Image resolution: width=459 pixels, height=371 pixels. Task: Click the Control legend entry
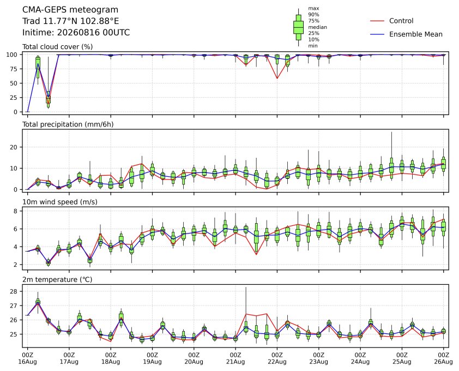pyautogui.click(x=391, y=21)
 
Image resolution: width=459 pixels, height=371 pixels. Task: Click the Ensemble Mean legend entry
pyautogui.click(x=406, y=34)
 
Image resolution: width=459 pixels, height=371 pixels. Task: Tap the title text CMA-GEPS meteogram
pyautogui.click(x=70, y=10)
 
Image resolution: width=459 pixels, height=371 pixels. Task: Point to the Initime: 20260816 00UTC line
pyautogui.click(x=76, y=32)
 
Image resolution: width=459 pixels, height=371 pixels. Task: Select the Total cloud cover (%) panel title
pyautogui.click(x=57, y=47)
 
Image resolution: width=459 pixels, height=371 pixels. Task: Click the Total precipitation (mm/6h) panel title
pyautogui.click(x=68, y=124)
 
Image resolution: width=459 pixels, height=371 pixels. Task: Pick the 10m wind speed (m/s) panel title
pyautogui.click(x=60, y=202)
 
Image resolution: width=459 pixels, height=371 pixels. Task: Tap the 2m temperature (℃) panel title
pyautogui.click(x=57, y=279)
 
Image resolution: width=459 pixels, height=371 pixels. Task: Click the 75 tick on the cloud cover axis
pyautogui.click(x=14, y=69)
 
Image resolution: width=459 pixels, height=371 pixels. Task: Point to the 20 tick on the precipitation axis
pyautogui.click(x=14, y=147)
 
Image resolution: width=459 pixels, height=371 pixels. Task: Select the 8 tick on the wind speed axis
pyautogui.click(x=15, y=211)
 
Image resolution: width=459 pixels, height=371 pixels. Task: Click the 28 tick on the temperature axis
pyautogui.click(x=14, y=291)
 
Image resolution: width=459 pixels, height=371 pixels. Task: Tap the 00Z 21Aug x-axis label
pyautogui.click(x=235, y=358)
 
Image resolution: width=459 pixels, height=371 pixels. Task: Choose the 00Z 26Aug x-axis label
pyautogui.click(x=444, y=358)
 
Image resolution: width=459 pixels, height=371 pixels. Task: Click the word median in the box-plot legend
pyautogui.click(x=317, y=27)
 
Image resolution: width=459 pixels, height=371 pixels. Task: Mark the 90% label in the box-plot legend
pyautogui.click(x=313, y=14)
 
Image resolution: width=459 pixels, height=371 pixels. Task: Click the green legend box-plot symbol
pyautogui.click(x=298, y=27)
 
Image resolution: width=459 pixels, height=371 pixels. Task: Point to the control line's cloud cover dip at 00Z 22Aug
pyautogui.click(x=277, y=78)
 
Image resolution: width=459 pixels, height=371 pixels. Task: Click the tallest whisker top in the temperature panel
pyautogui.click(x=246, y=287)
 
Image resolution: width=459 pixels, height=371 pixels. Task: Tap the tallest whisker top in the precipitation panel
pyautogui.click(x=391, y=132)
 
